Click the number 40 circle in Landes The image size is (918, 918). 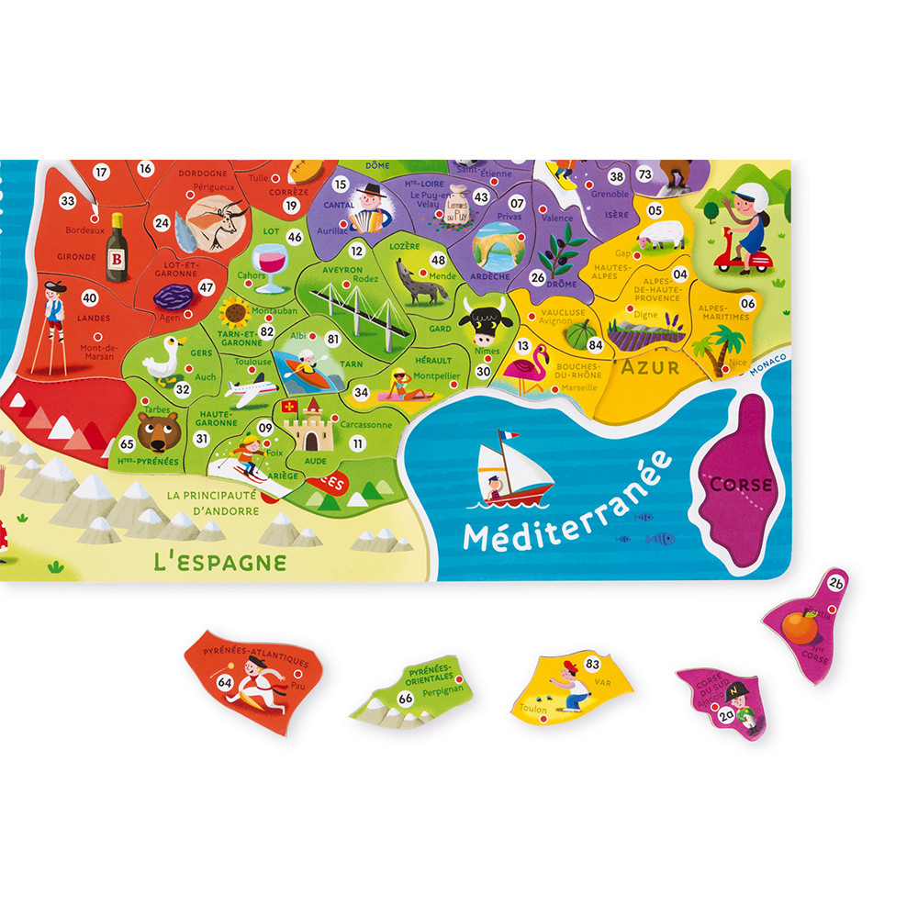89,297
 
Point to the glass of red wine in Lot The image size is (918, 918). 272,265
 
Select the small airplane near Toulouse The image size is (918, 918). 250,390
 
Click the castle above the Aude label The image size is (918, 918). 308,424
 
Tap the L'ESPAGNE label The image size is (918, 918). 219,561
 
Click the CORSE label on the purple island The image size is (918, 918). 741,484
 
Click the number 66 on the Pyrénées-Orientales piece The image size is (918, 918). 405,699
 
